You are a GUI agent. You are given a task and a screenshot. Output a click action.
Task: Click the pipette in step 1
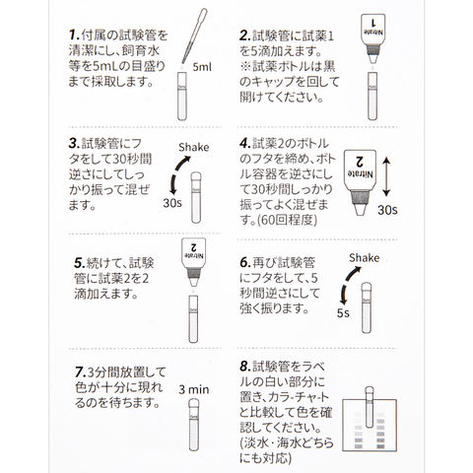click(195, 35)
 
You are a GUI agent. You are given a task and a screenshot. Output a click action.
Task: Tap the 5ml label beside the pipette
click(202, 67)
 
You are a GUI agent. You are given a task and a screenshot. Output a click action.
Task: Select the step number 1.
click(74, 34)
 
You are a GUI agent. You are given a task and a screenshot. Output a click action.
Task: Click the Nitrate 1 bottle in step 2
click(372, 38)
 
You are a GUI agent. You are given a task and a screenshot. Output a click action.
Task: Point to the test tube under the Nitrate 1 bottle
click(372, 97)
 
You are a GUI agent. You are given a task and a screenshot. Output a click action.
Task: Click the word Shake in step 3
click(194, 148)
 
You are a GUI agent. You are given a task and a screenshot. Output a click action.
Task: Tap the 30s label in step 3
click(172, 203)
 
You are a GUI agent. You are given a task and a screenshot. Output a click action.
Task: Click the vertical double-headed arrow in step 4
click(386, 176)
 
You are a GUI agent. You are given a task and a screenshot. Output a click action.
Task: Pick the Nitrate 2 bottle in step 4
click(361, 182)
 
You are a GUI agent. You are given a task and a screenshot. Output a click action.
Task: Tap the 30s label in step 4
click(387, 210)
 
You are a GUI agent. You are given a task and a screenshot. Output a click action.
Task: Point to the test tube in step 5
click(193, 319)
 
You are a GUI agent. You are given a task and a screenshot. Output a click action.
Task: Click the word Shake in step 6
click(364, 258)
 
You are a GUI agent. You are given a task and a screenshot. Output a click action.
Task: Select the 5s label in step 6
click(343, 313)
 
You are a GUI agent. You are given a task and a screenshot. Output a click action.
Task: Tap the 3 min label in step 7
click(194, 390)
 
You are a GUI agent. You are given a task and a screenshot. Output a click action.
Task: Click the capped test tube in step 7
click(194, 425)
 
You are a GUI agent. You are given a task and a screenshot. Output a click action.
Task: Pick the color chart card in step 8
click(370, 425)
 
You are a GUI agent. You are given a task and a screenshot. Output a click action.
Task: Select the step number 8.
click(245, 366)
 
